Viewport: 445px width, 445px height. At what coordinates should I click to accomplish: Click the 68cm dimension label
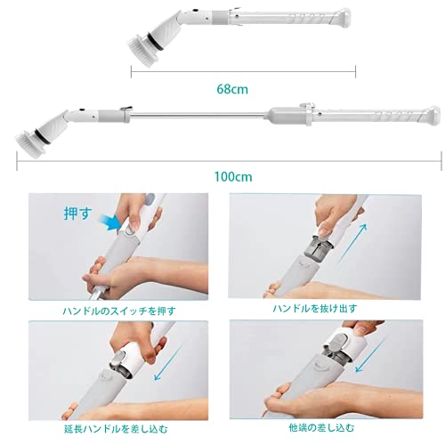[x=232, y=89]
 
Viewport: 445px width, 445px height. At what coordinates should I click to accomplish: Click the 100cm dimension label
[x=233, y=177]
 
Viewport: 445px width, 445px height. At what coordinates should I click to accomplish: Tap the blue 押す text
[x=77, y=214]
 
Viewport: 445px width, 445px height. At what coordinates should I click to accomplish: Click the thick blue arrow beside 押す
[x=109, y=222]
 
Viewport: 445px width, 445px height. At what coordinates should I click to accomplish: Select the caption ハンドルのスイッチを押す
[x=119, y=311]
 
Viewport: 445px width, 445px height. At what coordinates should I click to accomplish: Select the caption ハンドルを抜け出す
[x=315, y=309]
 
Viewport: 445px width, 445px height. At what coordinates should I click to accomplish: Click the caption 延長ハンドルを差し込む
[x=116, y=429]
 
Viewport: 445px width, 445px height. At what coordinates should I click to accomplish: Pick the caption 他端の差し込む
[x=321, y=428]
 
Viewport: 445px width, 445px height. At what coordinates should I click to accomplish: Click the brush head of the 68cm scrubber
[x=141, y=51]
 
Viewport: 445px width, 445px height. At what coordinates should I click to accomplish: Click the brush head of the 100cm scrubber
[x=28, y=142]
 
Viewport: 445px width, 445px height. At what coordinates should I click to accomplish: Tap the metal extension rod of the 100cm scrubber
[x=197, y=115]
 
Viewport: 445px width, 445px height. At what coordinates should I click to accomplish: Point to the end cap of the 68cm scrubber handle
[x=343, y=18]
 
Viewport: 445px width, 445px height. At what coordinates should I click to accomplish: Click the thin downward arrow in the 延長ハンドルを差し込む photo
[x=168, y=362]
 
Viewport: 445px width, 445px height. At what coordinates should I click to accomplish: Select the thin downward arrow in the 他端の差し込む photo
[x=369, y=354]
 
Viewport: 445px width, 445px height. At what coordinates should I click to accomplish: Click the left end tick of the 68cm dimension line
[x=131, y=71]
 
